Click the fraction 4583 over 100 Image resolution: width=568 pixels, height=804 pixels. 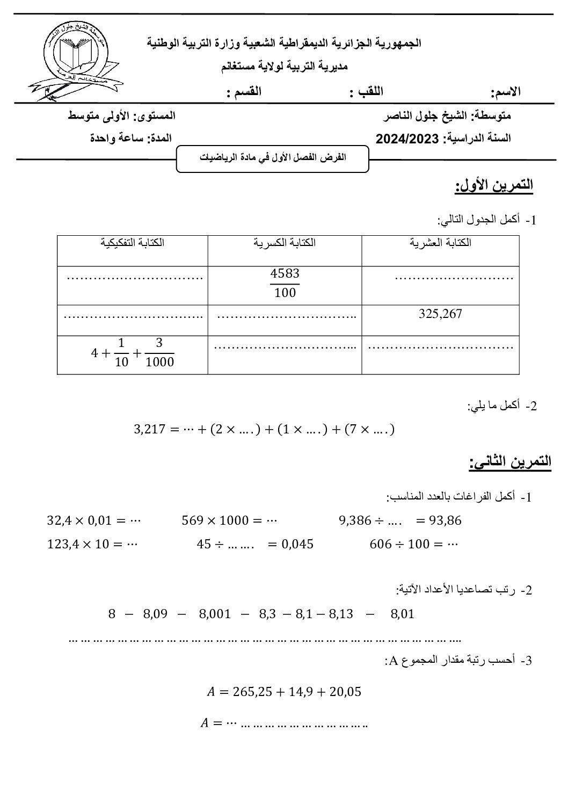[285, 283]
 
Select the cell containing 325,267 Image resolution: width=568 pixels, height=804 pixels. [440, 314]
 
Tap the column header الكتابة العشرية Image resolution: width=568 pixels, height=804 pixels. [440, 242]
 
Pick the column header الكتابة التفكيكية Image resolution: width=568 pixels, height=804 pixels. [132, 242]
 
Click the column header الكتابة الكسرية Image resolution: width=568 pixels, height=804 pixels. [285, 242]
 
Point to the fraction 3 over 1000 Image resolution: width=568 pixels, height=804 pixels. [159, 352]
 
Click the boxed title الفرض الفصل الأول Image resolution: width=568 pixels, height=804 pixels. [273, 158]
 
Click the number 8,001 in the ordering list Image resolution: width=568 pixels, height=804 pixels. [214, 614]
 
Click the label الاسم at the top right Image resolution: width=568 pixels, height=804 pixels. [506, 92]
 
